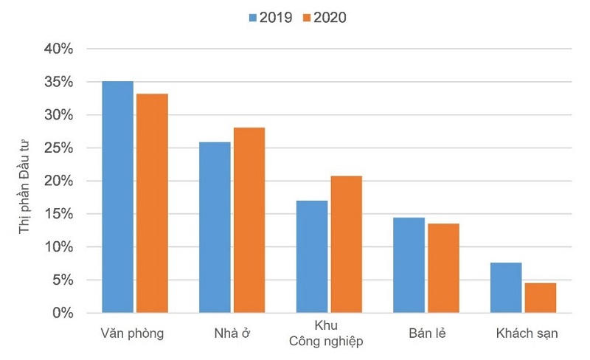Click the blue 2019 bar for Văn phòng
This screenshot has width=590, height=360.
(x=117, y=197)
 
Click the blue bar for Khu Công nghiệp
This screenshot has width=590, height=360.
(x=311, y=257)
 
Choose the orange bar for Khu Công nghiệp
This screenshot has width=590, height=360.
(x=346, y=244)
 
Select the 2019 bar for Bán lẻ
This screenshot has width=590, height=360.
(x=409, y=265)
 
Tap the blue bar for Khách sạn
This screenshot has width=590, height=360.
(x=506, y=288)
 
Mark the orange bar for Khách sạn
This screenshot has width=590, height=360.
(x=540, y=298)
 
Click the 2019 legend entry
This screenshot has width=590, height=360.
(x=271, y=17)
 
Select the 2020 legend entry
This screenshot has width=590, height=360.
(x=323, y=17)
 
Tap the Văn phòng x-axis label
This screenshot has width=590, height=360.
(x=132, y=333)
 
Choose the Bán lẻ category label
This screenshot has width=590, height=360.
(x=426, y=333)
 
